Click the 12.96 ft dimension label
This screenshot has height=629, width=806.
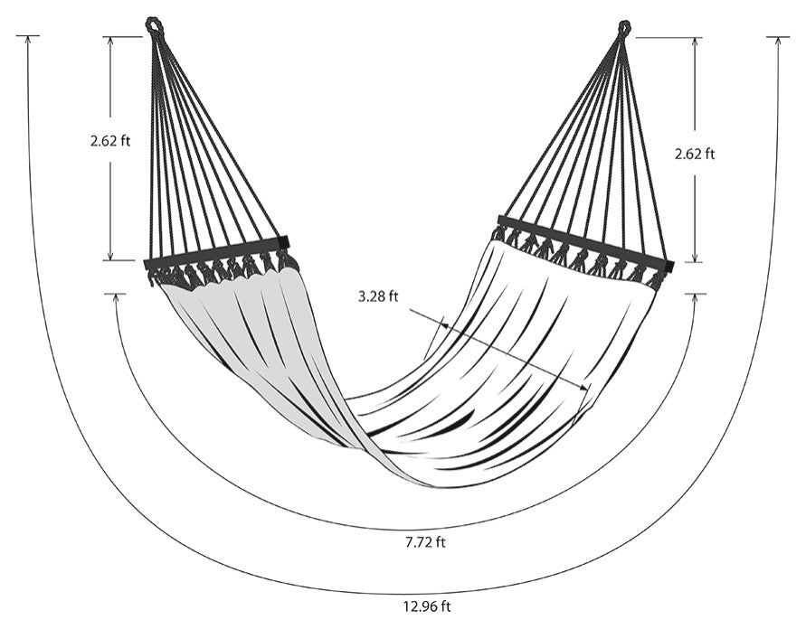point(427,606)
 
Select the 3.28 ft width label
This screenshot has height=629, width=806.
point(378,296)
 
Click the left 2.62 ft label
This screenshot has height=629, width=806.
point(110,141)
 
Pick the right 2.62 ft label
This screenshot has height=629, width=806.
point(695,154)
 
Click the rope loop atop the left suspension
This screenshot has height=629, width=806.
point(154,25)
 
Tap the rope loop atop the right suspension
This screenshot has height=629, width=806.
point(624,28)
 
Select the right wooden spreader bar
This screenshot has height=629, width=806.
point(585,244)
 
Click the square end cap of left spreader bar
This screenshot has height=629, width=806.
point(283,242)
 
